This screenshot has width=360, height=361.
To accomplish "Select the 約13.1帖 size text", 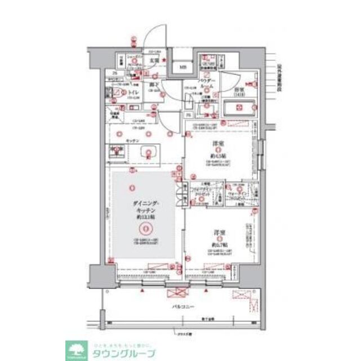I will pyautogui.click(x=144, y=217).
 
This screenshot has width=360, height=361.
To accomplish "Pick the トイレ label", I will pyautogui.click(x=134, y=92).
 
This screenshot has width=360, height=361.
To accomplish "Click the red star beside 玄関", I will pyautogui.click(x=163, y=59).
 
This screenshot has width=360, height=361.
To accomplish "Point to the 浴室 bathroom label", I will pyautogui.click(x=239, y=90).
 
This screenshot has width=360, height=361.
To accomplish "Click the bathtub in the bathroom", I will pyautogui.click(x=239, y=108).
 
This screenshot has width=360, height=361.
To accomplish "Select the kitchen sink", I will pyautogui.click(x=117, y=151).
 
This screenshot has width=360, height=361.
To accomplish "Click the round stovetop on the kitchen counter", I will pyautogui.click(x=149, y=151).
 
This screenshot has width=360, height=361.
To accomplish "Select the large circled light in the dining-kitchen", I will pyautogui.click(x=145, y=229).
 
